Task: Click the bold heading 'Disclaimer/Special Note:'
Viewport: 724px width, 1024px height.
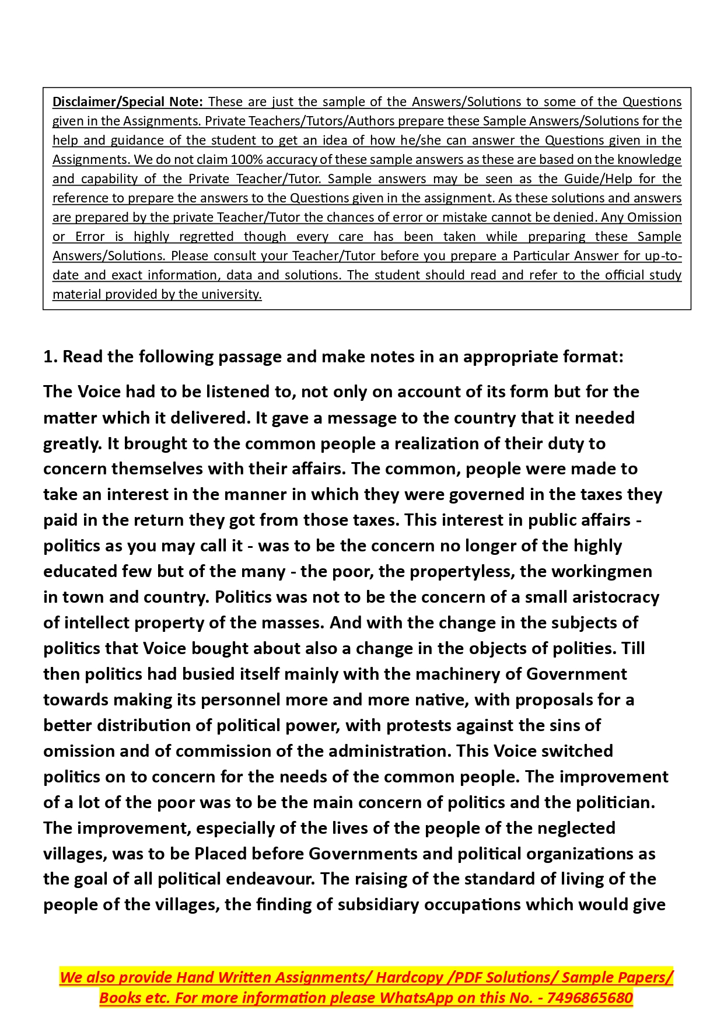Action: [x=127, y=102]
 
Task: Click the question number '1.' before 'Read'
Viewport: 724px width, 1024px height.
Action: [x=50, y=357]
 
